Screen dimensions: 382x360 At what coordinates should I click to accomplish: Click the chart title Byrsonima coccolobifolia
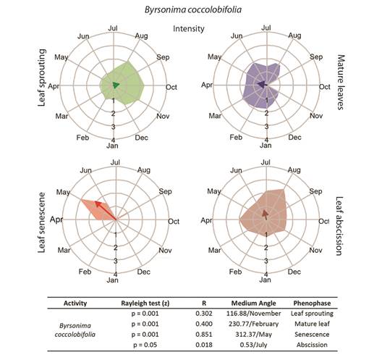193,9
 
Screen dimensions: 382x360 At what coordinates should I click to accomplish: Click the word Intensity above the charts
189,29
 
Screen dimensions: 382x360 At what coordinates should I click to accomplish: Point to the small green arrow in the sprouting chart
116,85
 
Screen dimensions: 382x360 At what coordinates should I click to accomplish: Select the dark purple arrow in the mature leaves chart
262,85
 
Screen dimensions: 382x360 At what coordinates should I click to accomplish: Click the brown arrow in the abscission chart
266,214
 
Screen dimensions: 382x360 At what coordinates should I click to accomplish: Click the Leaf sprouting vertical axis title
42,78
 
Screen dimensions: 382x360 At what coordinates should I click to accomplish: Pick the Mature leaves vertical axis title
341,82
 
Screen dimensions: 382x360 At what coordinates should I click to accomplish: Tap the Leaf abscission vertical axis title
339,226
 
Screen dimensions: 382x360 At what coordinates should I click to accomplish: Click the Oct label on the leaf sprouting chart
171,87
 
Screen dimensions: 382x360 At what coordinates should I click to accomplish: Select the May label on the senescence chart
63,192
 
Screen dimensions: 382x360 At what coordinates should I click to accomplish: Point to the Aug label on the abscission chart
294,169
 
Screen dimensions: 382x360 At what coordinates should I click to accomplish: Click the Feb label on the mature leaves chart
236,138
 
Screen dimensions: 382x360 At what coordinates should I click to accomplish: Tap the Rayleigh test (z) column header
145,304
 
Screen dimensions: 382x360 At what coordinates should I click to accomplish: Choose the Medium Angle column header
254,304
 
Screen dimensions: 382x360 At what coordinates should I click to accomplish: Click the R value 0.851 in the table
204,334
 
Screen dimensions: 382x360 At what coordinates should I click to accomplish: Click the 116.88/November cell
254,314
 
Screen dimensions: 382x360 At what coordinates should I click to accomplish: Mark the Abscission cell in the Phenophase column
312,345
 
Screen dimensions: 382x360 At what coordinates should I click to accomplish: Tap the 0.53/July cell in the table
254,345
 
